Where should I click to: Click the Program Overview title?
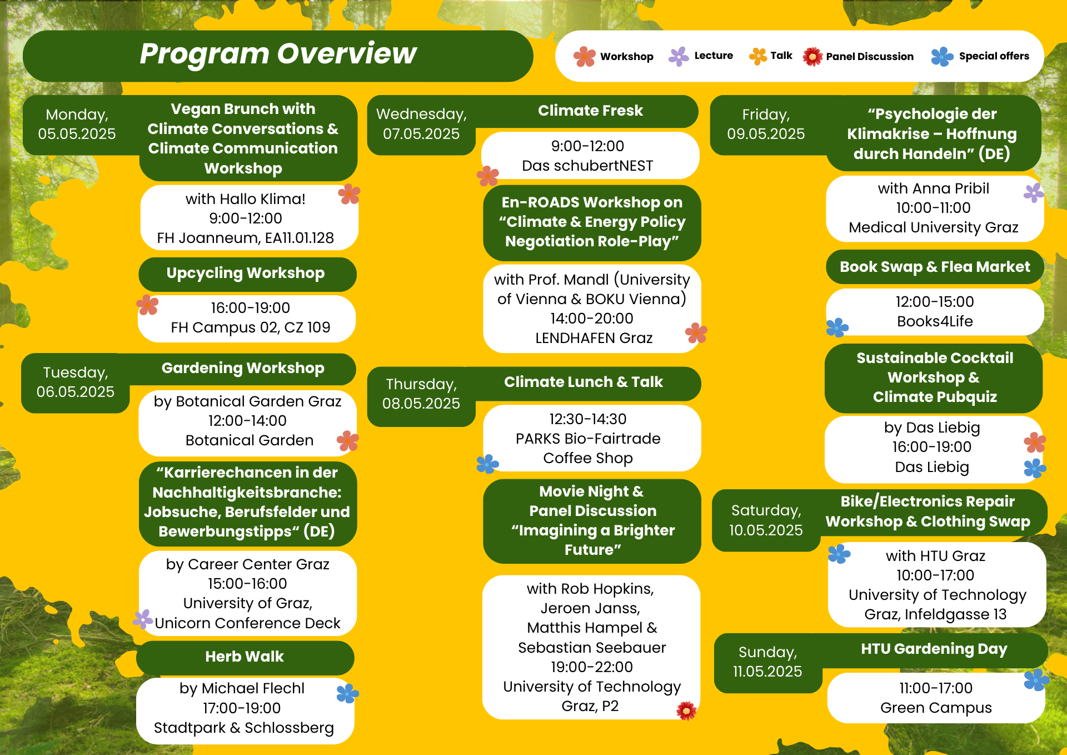pyautogui.click(x=278, y=54)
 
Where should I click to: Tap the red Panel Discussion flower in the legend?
pyautogui.click(x=812, y=56)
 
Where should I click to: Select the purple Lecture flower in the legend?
pyautogui.click(x=679, y=56)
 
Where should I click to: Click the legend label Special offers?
pyautogui.click(x=994, y=56)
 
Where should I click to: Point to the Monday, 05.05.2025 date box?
pyautogui.click(x=78, y=125)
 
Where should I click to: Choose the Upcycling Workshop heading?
pyautogui.click(x=246, y=274)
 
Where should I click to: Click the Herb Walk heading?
pyautogui.click(x=245, y=657)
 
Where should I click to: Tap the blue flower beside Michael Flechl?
pyautogui.click(x=348, y=693)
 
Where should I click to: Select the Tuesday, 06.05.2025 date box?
pyautogui.click(x=76, y=383)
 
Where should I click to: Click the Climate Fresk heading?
pyautogui.click(x=590, y=111)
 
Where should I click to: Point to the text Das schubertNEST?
pyautogui.click(x=587, y=166)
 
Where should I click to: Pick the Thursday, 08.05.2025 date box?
pyautogui.click(x=421, y=394)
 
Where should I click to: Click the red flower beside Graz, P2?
pyautogui.click(x=686, y=711)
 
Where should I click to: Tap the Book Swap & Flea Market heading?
pyautogui.click(x=935, y=267)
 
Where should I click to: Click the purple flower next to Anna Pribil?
pyautogui.click(x=1034, y=193)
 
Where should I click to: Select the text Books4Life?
pyautogui.click(x=935, y=321)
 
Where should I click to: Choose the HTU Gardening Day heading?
pyautogui.click(x=934, y=649)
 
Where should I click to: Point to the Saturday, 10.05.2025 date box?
pyautogui.click(x=766, y=520)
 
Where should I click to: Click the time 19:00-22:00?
pyautogui.click(x=592, y=667)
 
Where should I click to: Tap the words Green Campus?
pyautogui.click(x=936, y=708)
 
